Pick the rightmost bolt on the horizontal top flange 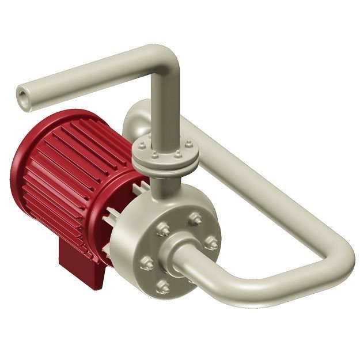point(188,143)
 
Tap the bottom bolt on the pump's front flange point(164,286)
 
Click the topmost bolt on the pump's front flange point(195,218)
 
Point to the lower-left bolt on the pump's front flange point(146,263)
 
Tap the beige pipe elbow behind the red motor point(134,115)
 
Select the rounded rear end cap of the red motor point(26,173)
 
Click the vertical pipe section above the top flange point(167,109)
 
